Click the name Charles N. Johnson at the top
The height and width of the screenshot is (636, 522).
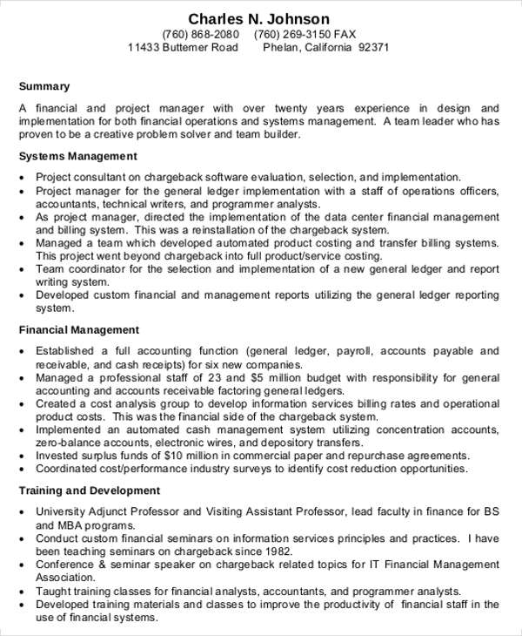[x=259, y=18]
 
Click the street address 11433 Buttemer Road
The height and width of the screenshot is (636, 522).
[x=182, y=47]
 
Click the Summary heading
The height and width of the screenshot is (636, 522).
[x=43, y=86]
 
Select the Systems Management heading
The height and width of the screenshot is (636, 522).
[x=78, y=156]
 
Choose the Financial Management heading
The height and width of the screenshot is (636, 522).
[x=79, y=330]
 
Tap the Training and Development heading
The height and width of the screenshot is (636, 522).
[x=90, y=491]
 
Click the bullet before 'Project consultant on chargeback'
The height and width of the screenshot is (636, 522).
[x=22, y=177]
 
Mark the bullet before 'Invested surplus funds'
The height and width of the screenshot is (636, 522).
[x=22, y=456]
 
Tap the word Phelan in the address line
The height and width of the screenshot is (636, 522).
[x=281, y=47]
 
